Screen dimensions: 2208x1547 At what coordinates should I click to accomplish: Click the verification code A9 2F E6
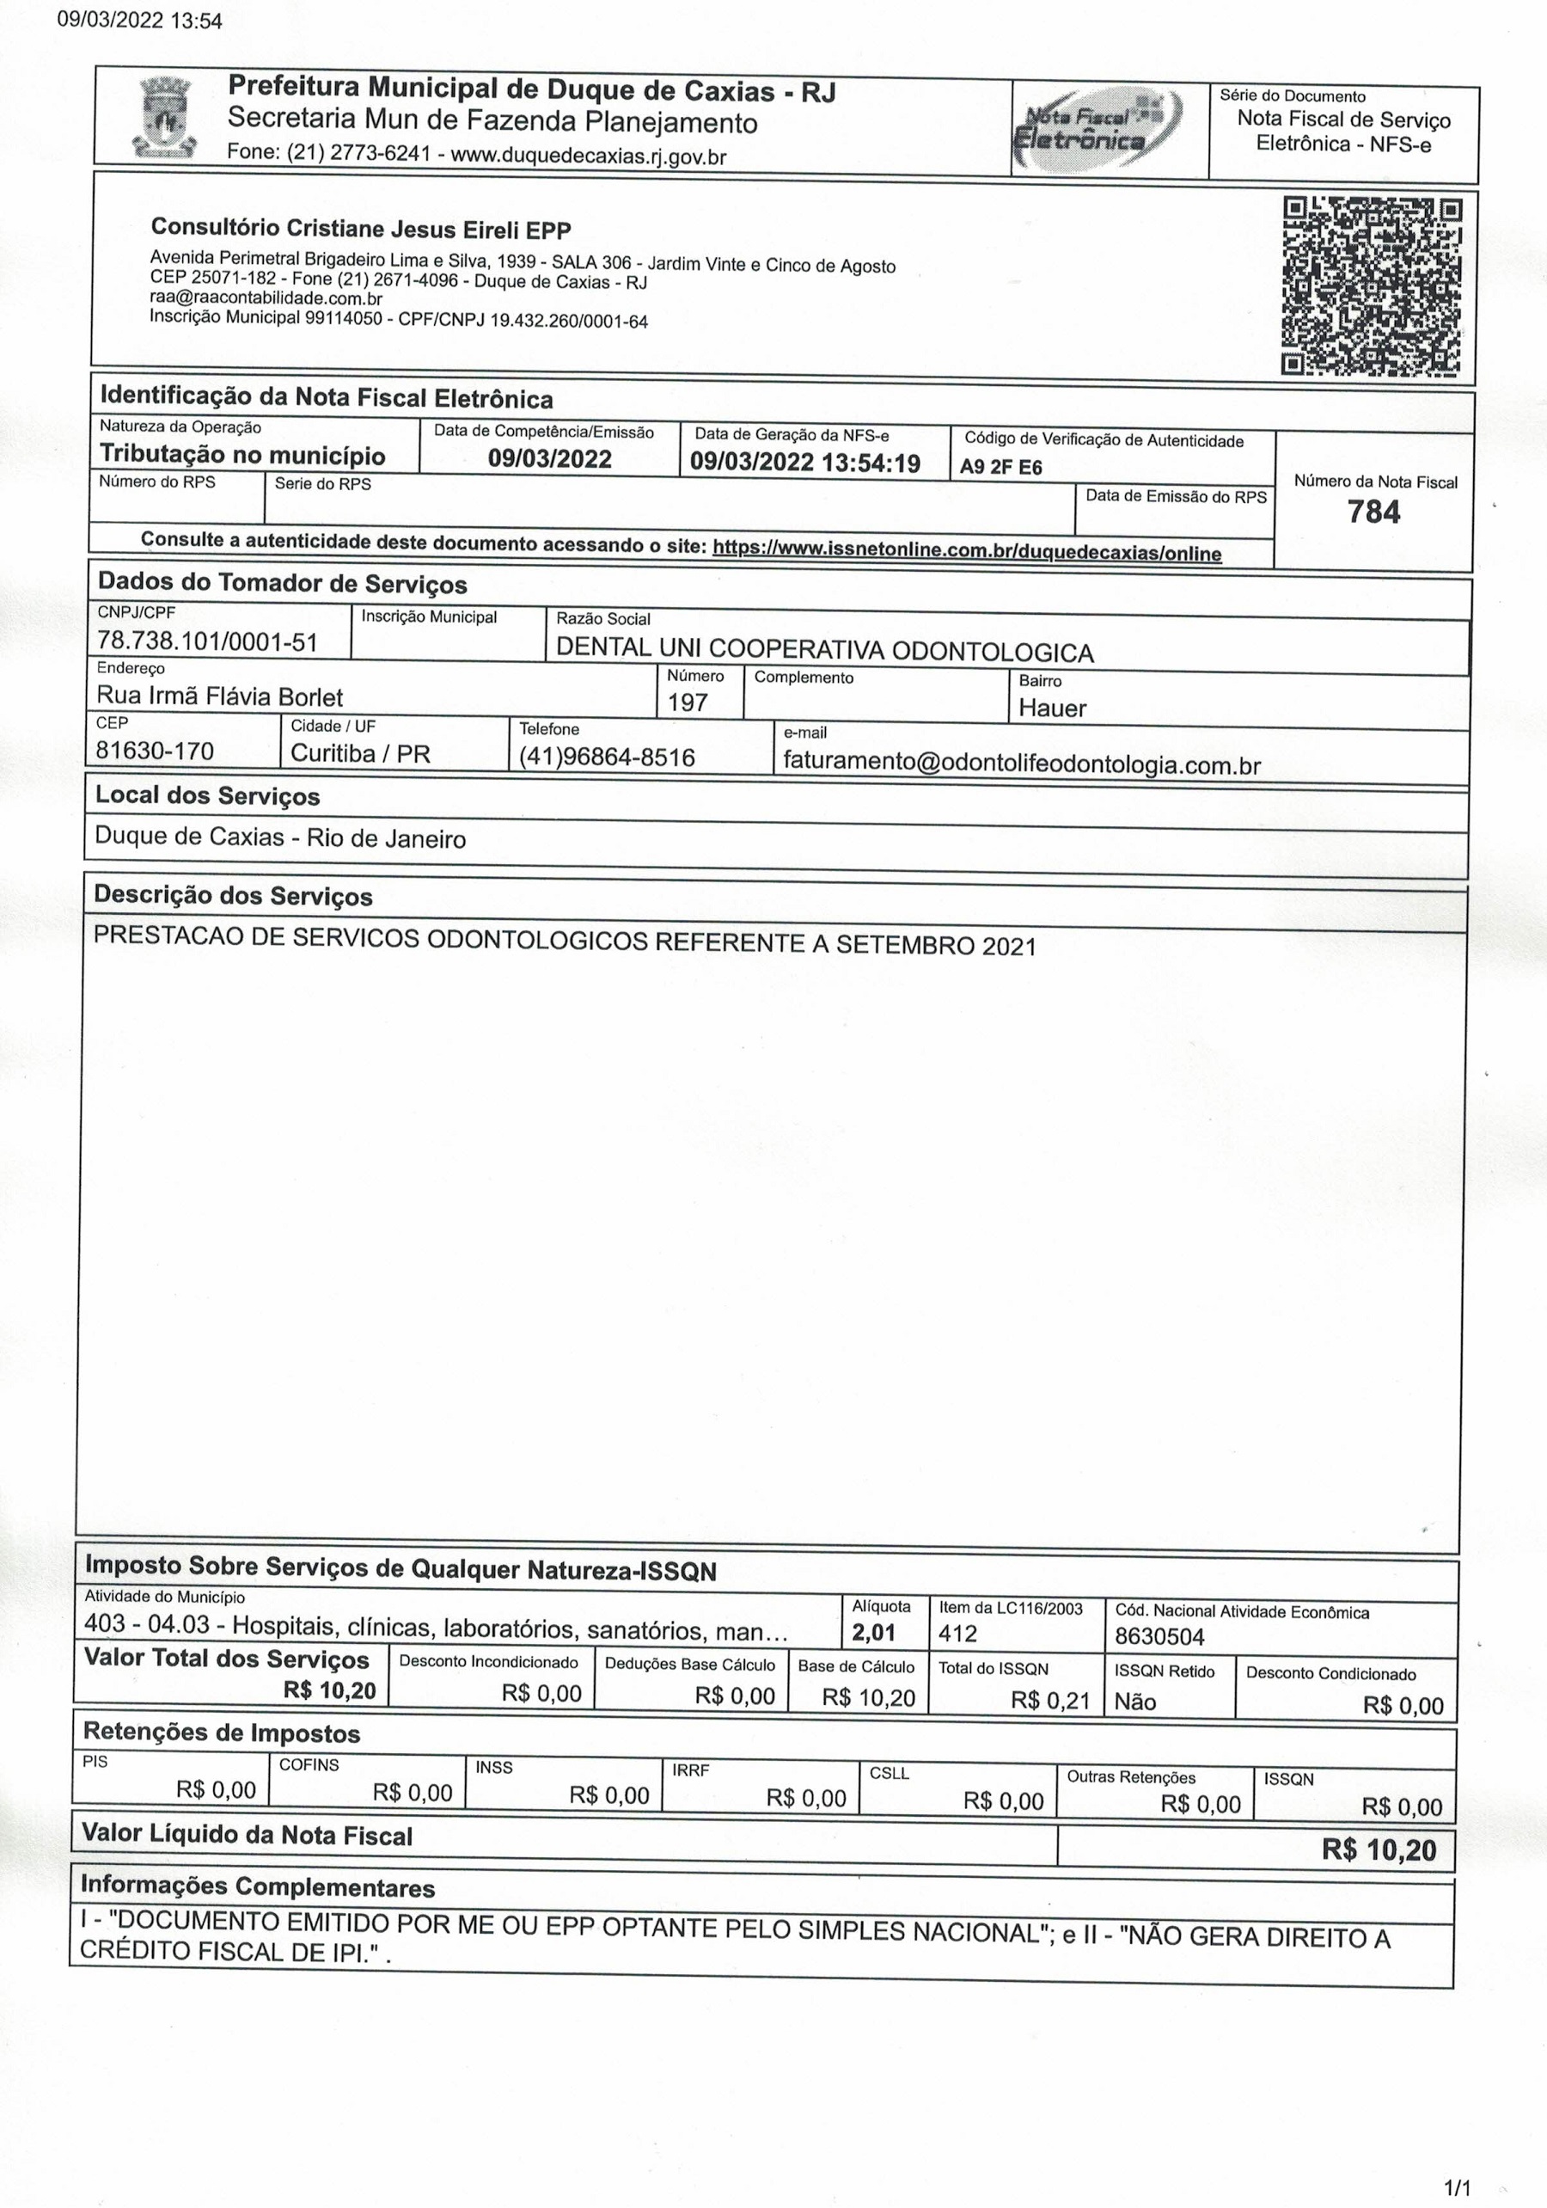pyautogui.click(x=1001, y=469)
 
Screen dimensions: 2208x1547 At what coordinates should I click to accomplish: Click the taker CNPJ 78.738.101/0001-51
pyautogui.click(x=208, y=641)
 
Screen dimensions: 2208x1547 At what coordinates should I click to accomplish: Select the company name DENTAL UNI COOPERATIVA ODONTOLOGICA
pyautogui.click(x=824, y=651)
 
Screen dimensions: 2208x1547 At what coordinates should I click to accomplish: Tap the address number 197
pyautogui.click(x=688, y=702)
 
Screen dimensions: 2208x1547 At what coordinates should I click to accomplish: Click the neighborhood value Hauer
pyautogui.click(x=1052, y=708)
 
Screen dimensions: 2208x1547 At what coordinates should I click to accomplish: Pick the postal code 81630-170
pyautogui.click(x=155, y=750)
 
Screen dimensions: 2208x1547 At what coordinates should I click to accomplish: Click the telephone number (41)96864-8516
pyautogui.click(x=607, y=757)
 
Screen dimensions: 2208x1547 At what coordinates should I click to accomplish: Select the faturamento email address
pyautogui.click(x=1021, y=764)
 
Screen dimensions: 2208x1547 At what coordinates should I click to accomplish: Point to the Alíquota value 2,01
pyautogui.click(x=873, y=1632)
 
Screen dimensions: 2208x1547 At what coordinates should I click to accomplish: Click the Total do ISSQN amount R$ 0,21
pyautogui.click(x=1050, y=1700)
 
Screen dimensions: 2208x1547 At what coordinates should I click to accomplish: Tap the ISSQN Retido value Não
pyautogui.click(x=1134, y=1702)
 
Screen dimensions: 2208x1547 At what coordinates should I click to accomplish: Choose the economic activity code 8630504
pyautogui.click(x=1159, y=1637)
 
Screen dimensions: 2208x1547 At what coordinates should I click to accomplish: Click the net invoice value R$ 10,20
pyautogui.click(x=1378, y=1849)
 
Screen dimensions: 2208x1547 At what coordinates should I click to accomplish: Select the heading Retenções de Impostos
pyautogui.click(x=221, y=1733)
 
